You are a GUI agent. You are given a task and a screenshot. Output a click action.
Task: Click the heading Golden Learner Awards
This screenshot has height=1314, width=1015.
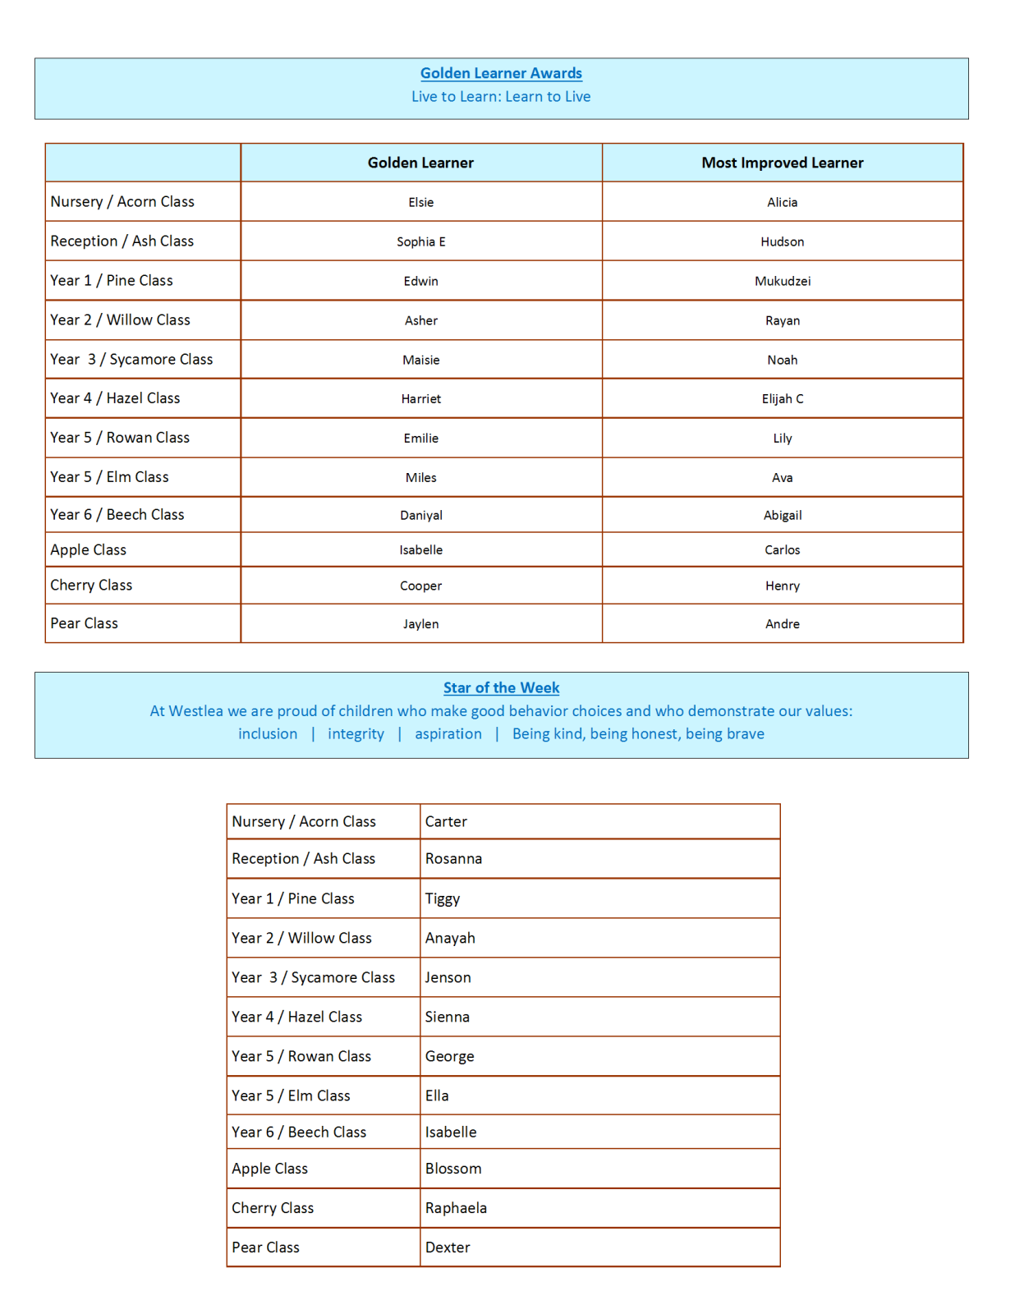(x=501, y=73)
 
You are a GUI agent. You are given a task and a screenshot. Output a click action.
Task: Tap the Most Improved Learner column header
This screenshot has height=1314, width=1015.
(x=782, y=163)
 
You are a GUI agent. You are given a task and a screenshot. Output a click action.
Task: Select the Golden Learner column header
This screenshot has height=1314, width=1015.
(x=420, y=163)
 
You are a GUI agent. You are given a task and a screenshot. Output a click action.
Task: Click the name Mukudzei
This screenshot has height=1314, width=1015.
(x=782, y=281)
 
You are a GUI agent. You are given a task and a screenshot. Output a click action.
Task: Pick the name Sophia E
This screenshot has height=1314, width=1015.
(x=420, y=241)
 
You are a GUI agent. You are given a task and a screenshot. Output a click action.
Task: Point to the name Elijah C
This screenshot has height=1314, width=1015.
(x=782, y=399)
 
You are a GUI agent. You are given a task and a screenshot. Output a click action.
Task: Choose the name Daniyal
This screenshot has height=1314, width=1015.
(x=420, y=515)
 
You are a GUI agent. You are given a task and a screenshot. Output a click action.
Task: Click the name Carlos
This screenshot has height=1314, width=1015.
(x=782, y=550)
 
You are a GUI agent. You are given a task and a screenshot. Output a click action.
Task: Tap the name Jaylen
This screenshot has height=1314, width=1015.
(x=420, y=624)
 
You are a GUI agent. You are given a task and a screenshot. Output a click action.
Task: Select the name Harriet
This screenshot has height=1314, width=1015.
(x=420, y=399)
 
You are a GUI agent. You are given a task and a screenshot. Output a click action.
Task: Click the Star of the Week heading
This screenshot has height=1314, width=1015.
(x=501, y=687)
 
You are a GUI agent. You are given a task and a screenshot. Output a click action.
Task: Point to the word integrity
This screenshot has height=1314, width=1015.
(x=356, y=733)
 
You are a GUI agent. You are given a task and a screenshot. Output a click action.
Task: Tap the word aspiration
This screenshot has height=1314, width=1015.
(x=448, y=733)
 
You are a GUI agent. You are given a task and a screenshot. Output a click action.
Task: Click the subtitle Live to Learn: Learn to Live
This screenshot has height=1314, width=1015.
(x=501, y=97)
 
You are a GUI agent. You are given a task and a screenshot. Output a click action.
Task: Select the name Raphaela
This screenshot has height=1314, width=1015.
(x=456, y=1208)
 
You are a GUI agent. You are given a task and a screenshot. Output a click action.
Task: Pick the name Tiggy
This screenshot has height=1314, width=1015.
(x=443, y=899)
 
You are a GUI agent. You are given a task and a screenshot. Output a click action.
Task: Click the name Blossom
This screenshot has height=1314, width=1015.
(x=453, y=1169)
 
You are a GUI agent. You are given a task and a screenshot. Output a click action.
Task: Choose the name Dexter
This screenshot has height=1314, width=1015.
(x=448, y=1247)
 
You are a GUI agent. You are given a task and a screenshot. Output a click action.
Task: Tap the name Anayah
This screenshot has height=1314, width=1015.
(x=450, y=938)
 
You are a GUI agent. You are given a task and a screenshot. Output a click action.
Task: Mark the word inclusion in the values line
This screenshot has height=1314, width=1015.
(x=268, y=733)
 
